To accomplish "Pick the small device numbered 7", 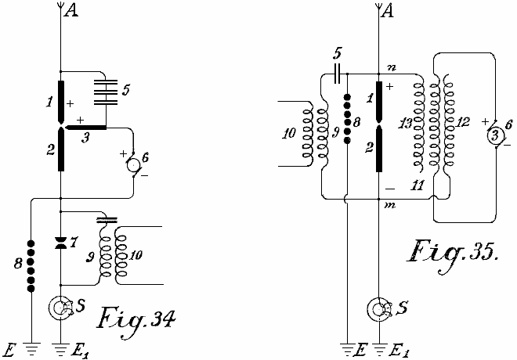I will (61, 243).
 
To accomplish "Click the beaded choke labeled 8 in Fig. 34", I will (31, 266).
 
